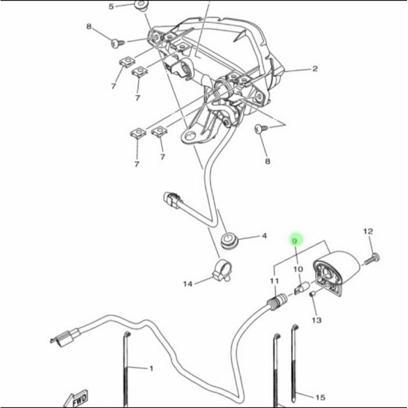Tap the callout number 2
pyautogui.click(x=315, y=69)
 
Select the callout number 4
pyautogui.click(x=264, y=236)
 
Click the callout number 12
pyautogui.click(x=368, y=232)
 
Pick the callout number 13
pyautogui.click(x=317, y=320)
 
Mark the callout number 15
pyautogui.click(x=320, y=397)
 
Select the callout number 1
pyautogui.click(x=151, y=368)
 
